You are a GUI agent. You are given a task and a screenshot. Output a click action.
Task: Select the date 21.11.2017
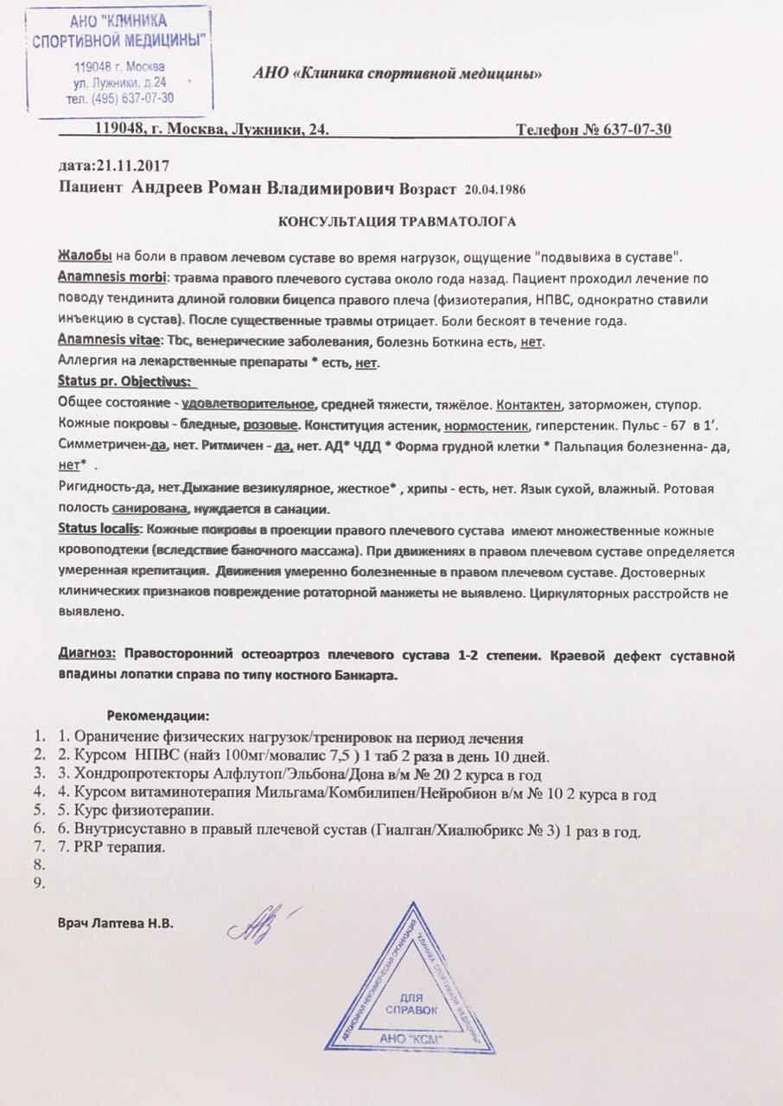(137, 165)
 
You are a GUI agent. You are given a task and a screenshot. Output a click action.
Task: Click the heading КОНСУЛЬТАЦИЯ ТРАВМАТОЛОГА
(397, 222)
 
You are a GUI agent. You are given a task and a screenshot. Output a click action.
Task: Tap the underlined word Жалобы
(83, 257)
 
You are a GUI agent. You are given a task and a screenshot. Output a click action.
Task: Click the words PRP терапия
(124, 847)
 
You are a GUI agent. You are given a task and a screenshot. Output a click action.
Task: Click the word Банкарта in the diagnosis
(368, 676)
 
